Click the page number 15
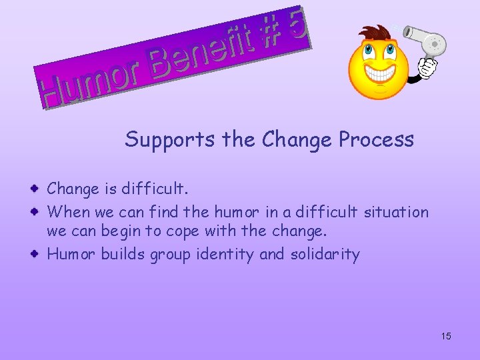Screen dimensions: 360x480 coord(446,335)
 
